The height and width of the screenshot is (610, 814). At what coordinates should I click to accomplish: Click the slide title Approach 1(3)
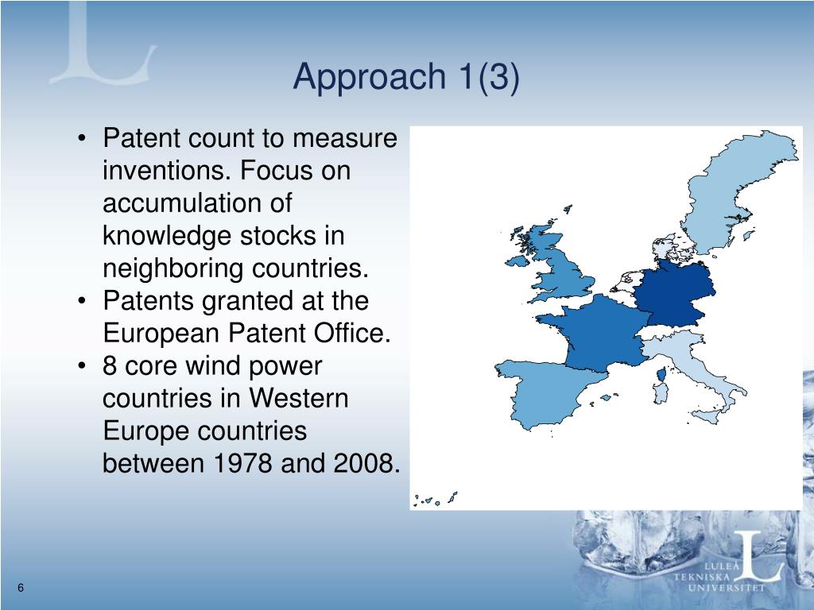[406, 77]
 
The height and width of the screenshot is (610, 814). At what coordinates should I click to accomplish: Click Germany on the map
[674, 293]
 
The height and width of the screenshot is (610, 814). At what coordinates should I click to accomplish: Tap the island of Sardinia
[660, 393]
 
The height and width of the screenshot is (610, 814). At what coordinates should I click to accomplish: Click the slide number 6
[21, 587]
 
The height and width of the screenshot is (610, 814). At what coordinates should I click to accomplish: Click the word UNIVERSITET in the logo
[727, 588]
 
